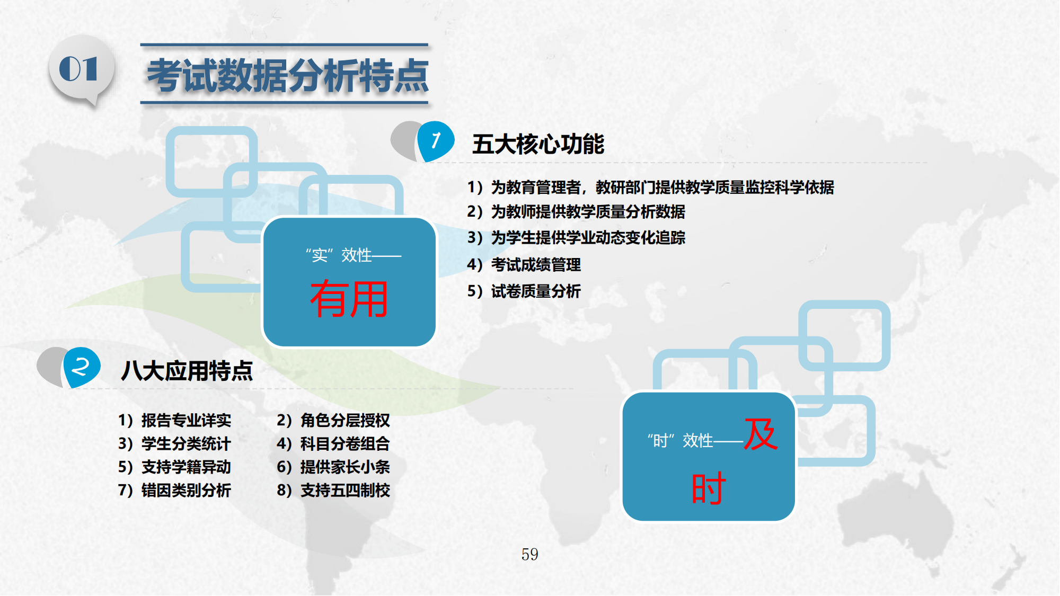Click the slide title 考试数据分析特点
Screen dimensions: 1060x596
click(x=288, y=75)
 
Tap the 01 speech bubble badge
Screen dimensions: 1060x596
click(x=81, y=70)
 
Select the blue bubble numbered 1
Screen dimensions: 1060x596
click(x=436, y=141)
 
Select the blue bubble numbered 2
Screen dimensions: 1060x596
click(x=81, y=367)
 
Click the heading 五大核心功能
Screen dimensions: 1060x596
click(x=538, y=144)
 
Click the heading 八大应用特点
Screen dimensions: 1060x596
click(x=187, y=370)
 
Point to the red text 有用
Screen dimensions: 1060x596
click(x=349, y=299)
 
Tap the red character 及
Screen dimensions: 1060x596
click(x=761, y=434)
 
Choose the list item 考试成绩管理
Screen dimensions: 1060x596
click(x=536, y=264)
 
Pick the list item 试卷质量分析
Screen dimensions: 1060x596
click(x=536, y=291)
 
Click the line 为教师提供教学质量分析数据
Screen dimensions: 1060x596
click(x=588, y=212)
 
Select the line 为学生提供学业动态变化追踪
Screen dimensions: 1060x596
click(x=588, y=237)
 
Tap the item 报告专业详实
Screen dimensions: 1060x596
click(x=186, y=420)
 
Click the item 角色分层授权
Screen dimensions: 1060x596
click(x=345, y=420)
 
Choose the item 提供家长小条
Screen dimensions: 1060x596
click(x=345, y=467)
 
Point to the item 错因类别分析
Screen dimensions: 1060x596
click(x=186, y=490)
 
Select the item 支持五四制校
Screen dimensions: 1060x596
click(x=345, y=490)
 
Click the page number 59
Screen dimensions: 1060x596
click(x=530, y=554)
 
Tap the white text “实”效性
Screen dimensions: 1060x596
click(x=339, y=255)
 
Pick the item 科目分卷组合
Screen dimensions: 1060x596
click(x=345, y=443)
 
